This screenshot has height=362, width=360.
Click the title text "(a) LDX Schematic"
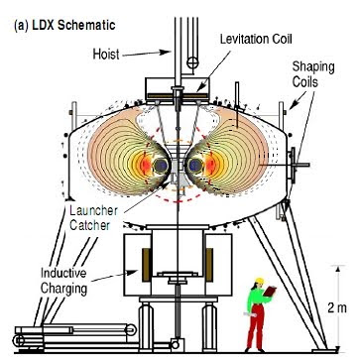[64, 26]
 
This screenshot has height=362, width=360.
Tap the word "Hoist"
[106, 54]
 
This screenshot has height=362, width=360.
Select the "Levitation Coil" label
[256, 40]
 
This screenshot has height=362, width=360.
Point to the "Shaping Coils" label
[313, 74]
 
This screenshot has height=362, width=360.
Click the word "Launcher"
[93, 211]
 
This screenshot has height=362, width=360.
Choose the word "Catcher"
[89, 225]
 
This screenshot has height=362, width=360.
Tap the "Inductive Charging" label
[63, 281]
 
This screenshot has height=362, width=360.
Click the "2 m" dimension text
[337, 308]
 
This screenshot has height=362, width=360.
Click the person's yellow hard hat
[260, 281]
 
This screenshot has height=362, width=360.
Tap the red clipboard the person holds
[271, 291]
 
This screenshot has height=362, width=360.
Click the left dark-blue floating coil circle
[161, 165]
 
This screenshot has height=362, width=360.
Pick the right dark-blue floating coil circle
[195, 165]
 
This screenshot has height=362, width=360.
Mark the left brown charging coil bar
[147, 265]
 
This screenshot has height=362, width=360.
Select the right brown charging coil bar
[209, 265]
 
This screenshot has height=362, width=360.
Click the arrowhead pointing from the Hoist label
[165, 52]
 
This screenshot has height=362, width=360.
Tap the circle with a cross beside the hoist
[191, 61]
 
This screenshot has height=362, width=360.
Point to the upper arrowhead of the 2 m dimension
[337, 269]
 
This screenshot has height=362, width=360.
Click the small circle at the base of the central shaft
[175, 345]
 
